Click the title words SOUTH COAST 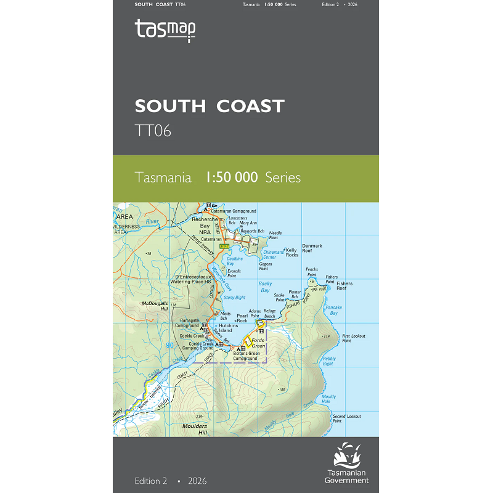[210, 106]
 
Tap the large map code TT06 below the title [153, 130]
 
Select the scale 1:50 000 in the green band [231, 178]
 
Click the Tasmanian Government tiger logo [349, 457]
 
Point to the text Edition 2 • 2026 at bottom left [171, 481]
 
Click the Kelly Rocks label [291, 253]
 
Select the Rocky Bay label [265, 288]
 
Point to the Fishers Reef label [344, 286]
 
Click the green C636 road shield [226, 246]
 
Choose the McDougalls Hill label [155, 306]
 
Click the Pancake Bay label [333, 310]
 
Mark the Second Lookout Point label [346, 419]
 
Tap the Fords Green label [258, 343]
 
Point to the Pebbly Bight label [328, 361]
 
